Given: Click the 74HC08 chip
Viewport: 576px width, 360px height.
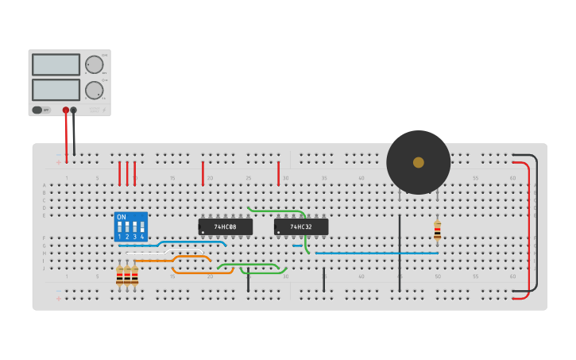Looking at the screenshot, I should click(x=226, y=227).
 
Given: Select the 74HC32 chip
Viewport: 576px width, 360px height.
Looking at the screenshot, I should click(x=301, y=227).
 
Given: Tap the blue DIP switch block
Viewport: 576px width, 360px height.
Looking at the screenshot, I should click(x=131, y=226).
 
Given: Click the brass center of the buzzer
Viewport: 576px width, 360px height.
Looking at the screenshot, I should click(x=419, y=162).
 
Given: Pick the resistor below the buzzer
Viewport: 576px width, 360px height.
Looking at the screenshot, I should click(x=437, y=230).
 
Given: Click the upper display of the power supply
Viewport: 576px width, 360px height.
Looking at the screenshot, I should click(x=56, y=64).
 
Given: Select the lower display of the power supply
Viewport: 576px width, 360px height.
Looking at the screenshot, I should click(x=56, y=89).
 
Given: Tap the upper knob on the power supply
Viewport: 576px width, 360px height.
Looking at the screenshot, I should click(x=94, y=65).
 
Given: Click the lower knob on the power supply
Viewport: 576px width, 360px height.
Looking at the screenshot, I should click(x=94, y=90).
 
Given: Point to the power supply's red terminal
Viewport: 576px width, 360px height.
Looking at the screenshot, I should click(x=66, y=110).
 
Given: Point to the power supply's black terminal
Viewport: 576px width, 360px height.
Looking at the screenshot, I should click(x=74, y=110).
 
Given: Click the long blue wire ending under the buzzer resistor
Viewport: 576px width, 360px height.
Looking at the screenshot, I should click(x=373, y=253).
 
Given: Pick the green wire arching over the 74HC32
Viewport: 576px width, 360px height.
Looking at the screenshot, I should click(x=278, y=211).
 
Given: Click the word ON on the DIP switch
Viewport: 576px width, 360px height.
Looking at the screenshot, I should click(x=121, y=217).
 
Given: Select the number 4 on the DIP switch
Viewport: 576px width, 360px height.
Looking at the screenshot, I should click(x=142, y=237).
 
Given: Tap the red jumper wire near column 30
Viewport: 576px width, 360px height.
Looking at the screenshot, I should click(x=278, y=172).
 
